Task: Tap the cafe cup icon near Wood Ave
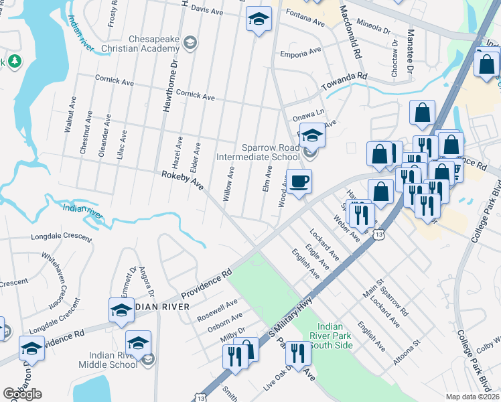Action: [x=299, y=180]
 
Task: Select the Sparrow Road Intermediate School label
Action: [x=258, y=152]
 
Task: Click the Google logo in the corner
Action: [x=22, y=394]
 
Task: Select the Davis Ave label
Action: [x=206, y=11]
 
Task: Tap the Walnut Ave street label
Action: [x=70, y=116]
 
